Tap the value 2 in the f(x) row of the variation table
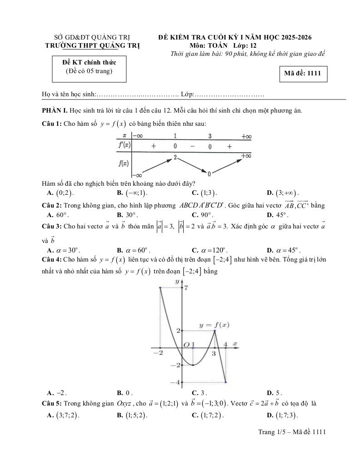click(175, 157)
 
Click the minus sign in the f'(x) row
click(192, 146)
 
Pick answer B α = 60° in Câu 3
click(136, 250)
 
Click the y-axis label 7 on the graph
click(186, 288)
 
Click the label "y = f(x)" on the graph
click(214, 325)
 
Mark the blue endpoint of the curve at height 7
click(160, 287)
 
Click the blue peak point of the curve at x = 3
click(215, 331)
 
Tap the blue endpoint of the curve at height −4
click(225, 382)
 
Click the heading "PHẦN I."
click(55, 111)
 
